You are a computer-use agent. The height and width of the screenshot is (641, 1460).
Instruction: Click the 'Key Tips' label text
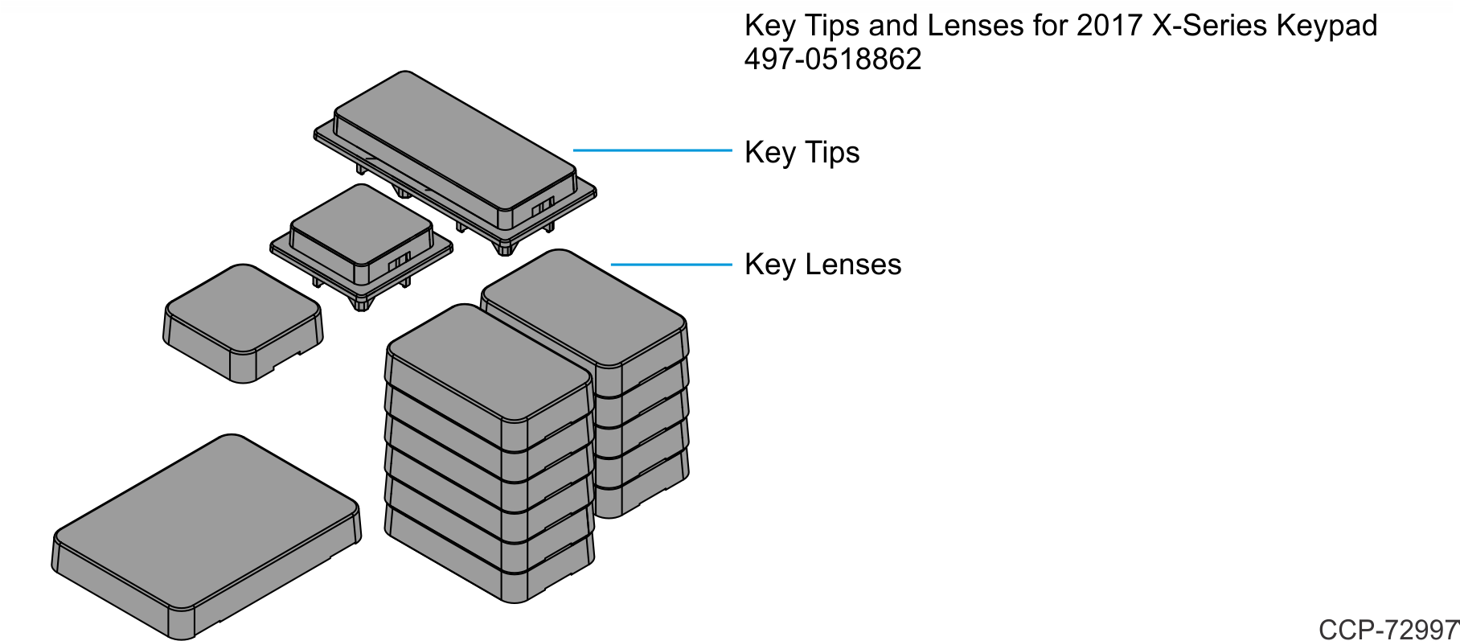802,152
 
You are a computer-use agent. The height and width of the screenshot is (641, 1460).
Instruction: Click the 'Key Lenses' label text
822,265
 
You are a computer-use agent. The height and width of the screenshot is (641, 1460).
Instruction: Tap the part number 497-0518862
832,60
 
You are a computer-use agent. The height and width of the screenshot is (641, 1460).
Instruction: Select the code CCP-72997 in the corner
1388,629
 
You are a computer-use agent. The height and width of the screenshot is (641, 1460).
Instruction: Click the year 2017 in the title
1109,26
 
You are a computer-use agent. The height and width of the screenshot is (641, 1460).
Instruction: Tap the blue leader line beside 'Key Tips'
652,150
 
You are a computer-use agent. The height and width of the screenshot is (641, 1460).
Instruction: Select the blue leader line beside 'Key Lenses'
671,264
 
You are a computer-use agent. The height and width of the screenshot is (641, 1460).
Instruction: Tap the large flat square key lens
207,523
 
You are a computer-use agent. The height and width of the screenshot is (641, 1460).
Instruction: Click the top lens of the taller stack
489,362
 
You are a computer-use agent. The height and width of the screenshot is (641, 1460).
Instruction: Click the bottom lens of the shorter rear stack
643,495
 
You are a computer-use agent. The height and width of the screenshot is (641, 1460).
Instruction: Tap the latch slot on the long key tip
543,207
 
